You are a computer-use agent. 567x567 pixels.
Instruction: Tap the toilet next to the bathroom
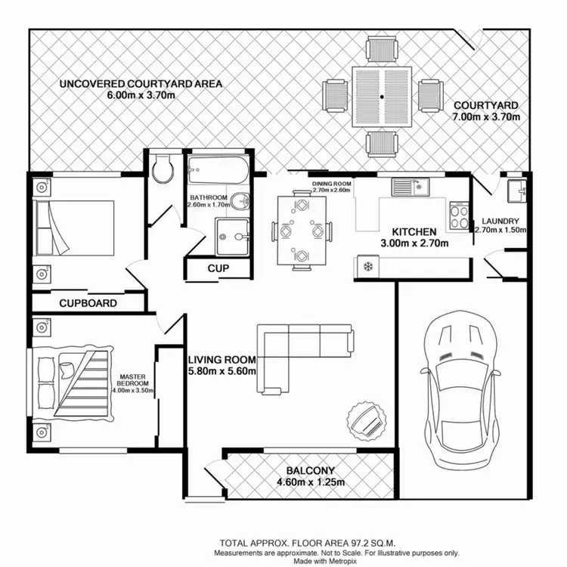(x=162, y=169)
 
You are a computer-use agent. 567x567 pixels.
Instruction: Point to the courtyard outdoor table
(x=383, y=98)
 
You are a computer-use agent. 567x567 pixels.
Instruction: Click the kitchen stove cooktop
(x=460, y=217)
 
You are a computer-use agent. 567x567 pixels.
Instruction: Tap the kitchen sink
(x=409, y=186)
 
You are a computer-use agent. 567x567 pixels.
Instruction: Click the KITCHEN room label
(x=414, y=231)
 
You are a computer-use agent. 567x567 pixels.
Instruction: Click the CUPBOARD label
(x=88, y=304)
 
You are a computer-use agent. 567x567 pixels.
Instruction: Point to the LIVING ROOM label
(x=222, y=359)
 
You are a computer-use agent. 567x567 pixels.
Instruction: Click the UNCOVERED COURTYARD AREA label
(x=141, y=83)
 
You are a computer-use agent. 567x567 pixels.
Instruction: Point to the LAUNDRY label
(x=500, y=222)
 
